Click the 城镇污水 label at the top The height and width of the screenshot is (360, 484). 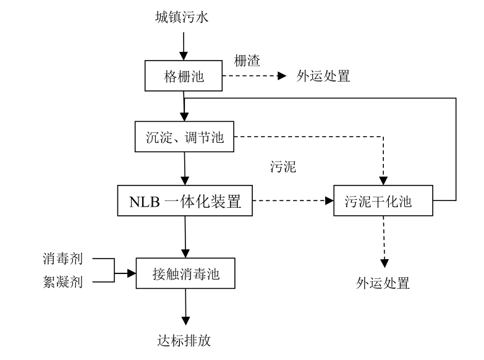coord(182,17)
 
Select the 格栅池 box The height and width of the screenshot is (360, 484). coord(183,76)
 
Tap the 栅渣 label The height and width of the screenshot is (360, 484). coord(247,61)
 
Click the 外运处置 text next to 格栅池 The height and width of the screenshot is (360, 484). coord(324,76)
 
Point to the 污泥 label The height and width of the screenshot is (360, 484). coord(282,167)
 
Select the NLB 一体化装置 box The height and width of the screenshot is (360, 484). coord(185,201)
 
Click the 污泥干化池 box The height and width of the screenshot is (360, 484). coord(382,201)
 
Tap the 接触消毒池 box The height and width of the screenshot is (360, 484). coord(185,273)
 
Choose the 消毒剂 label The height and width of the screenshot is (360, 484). coord(63,258)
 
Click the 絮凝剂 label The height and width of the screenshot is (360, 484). coord(63,283)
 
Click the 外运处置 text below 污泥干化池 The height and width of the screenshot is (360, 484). coord(383,284)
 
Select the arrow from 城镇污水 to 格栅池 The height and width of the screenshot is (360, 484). coord(183,43)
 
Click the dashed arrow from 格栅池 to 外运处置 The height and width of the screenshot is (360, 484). coord(253,77)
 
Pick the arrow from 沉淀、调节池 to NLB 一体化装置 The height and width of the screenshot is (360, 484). coord(185,168)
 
